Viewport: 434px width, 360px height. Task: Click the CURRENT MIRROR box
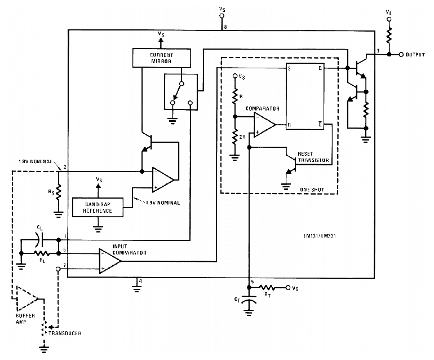click(161, 57)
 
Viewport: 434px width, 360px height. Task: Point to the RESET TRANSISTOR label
click(313, 157)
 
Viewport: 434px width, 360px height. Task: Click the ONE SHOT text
click(313, 190)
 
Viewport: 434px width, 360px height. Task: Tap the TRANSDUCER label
click(64, 333)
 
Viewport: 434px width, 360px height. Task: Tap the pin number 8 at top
click(225, 26)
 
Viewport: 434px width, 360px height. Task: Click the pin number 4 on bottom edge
click(141, 280)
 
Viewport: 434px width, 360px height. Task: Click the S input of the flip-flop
click(289, 69)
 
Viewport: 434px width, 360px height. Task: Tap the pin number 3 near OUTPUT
click(378, 51)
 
